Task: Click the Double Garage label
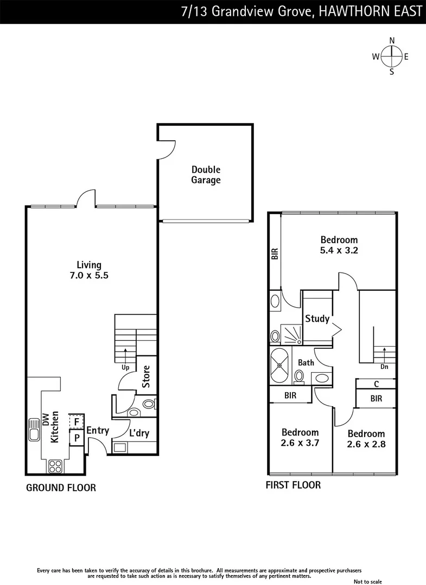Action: (x=206, y=175)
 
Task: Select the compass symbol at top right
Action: (x=391, y=56)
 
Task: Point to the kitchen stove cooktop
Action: (x=55, y=465)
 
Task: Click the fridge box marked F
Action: (x=77, y=421)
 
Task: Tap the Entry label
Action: (x=98, y=431)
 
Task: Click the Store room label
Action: (x=146, y=376)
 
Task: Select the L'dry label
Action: (x=139, y=433)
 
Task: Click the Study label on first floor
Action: (x=317, y=318)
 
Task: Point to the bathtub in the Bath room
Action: (x=281, y=366)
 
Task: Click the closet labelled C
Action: (x=376, y=383)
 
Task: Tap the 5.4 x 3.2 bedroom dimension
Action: (x=339, y=250)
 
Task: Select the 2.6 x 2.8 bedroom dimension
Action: (x=366, y=444)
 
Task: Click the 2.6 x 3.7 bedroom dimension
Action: (x=300, y=443)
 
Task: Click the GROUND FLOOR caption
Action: (x=61, y=488)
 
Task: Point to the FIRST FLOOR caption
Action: (x=293, y=485)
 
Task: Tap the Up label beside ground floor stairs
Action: (x=125, y=367)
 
